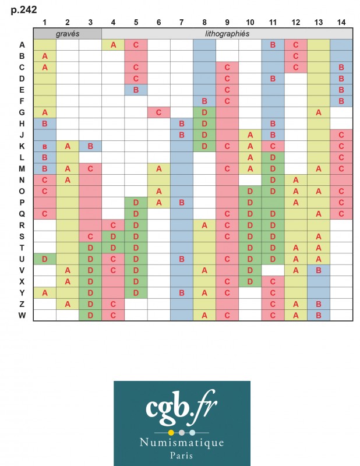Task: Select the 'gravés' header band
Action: (x=68, y=34)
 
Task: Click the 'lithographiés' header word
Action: (x=227, y=34)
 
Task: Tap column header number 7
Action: (x=182, y=22)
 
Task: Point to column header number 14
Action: (x=341, y=22)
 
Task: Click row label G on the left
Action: (x=22, y=112)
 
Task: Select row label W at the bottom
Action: (x=22, y=315)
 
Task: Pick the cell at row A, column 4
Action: (x=113, y=45)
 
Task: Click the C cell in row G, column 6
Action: (x=158, y=112)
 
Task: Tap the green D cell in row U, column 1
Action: (x=45, y=259)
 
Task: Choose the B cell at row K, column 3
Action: (x=90, y=146)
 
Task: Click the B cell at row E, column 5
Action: (x=136, y=90)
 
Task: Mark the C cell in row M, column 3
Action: (x=90, y=168)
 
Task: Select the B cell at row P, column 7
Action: (x=182, y=202)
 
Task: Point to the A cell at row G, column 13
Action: (x=319, y=112)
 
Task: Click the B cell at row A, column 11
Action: (x=273, y=45)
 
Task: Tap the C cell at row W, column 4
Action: (x=113, y=315)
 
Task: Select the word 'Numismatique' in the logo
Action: (x=182, y=443)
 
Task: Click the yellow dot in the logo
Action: (x=171, y=432)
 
